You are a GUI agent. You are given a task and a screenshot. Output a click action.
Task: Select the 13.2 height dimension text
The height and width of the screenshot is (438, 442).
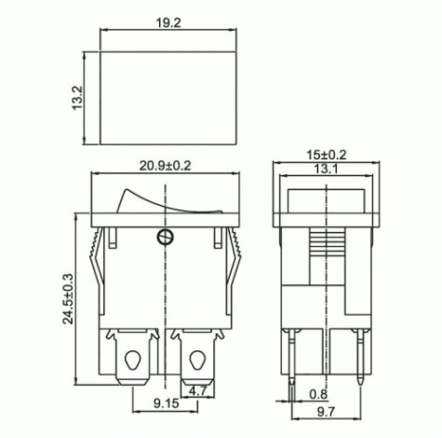point(78,98)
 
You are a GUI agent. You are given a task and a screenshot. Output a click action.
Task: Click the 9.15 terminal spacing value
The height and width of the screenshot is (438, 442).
point(141,404)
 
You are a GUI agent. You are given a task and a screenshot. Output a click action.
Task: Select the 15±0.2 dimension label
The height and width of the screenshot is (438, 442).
point(326,155)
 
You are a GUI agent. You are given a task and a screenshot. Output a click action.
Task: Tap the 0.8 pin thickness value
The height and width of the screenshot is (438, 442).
point(318,393)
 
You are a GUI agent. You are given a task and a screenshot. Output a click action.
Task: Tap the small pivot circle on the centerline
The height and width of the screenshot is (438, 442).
point(166,235)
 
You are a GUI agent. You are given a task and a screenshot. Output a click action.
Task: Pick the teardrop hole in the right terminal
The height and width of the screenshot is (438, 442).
point(197,358)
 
